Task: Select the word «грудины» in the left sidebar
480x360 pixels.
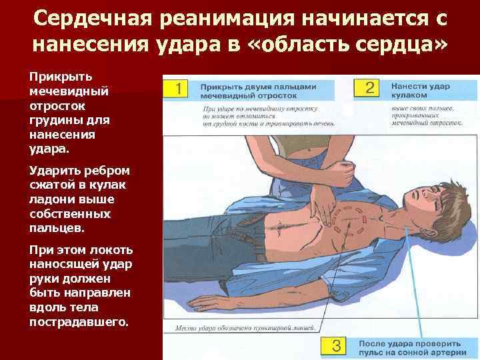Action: tap(51, 120)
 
